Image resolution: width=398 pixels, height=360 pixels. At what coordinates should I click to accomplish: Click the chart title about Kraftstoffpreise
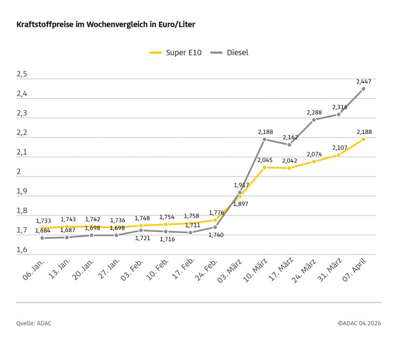106,25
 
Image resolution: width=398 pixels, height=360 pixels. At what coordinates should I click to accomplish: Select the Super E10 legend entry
176,53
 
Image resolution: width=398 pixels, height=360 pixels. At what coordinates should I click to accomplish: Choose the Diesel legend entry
230,53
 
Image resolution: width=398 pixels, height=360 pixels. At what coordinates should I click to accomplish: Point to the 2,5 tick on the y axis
22,74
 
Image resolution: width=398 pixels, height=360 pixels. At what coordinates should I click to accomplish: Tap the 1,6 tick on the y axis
22,250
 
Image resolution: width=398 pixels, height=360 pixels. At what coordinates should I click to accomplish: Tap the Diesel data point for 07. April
363,89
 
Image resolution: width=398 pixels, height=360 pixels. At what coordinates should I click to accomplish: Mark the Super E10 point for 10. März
264,167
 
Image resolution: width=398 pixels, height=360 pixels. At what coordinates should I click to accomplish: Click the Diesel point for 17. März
289,144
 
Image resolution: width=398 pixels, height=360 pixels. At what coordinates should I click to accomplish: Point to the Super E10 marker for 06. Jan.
42,228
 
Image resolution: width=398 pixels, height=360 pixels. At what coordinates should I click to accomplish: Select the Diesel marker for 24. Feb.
215,227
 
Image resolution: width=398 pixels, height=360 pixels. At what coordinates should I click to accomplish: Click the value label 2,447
364,81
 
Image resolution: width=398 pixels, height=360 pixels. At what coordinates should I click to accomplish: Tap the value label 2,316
339,107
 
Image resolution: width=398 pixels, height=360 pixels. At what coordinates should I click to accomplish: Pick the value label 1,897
240,204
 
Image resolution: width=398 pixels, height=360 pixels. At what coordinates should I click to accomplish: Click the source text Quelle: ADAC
34,323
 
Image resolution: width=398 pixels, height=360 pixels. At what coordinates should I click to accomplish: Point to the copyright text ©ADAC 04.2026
359,323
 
